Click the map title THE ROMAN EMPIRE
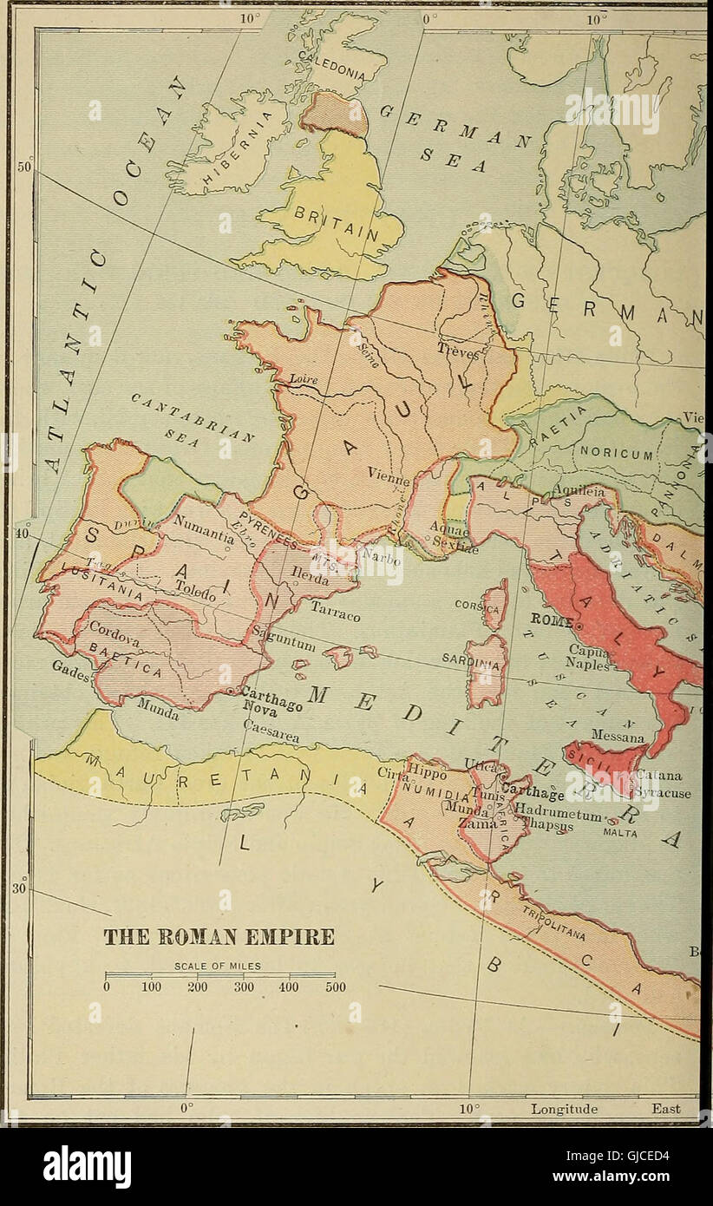click(x=219, y=938)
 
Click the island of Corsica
click(x=495, y=605)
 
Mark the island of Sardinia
click(x=485, y=670)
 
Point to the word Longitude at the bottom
click(x=565, y=1109)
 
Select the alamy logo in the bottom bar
click(x=87, y=1167)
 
